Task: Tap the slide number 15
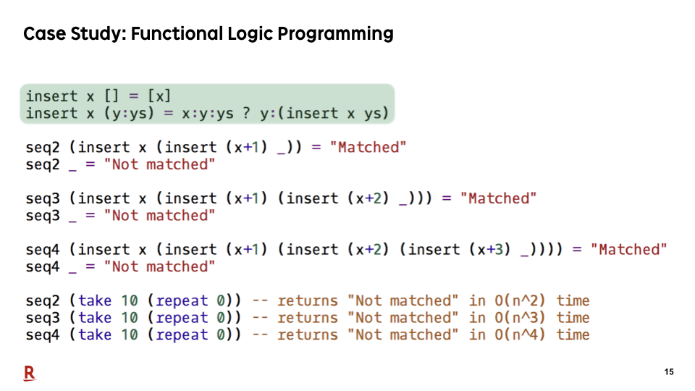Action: (669, 372)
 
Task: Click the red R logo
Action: (30, 374)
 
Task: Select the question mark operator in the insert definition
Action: (247, 114)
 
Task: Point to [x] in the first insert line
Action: (159, 96)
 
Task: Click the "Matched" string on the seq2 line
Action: (368, 147)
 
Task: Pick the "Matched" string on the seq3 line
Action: (498, 198)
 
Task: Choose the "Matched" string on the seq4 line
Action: (628, 250)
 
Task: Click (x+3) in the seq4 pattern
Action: (490, 250)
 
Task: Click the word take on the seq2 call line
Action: (95, 300)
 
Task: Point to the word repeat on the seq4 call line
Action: (182, 335)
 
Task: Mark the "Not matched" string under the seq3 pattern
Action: (159, 216)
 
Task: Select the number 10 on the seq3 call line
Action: (130, 318)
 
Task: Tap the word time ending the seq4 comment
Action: (573, 335)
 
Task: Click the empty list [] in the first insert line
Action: (111, 96)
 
